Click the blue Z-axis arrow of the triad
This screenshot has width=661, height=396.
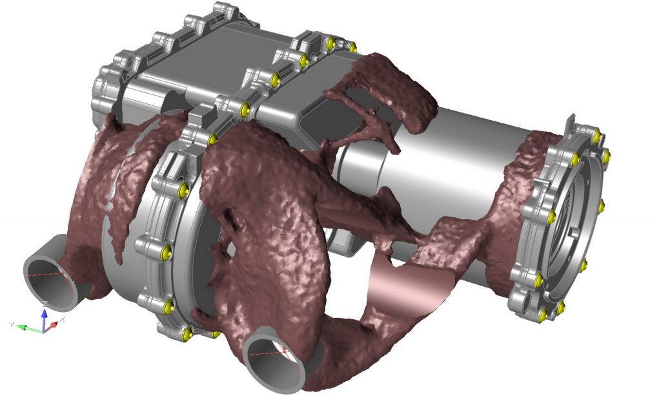point(44,316)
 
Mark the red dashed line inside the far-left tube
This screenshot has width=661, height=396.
point(48,274)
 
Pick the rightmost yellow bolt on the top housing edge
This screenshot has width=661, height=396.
point(352,47)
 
